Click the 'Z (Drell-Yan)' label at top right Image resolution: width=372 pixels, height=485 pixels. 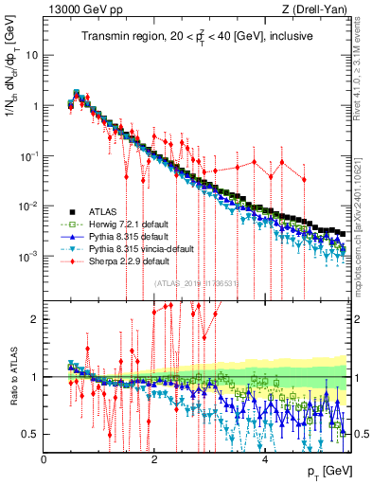(x=319, y=9)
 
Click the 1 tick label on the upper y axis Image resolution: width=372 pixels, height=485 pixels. (x=36, y=105)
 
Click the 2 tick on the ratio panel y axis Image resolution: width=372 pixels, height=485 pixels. (x=37, y=319)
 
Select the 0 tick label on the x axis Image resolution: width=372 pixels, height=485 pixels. (x=44, y=459)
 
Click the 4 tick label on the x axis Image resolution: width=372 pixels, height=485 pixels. (x=265, y=459)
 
